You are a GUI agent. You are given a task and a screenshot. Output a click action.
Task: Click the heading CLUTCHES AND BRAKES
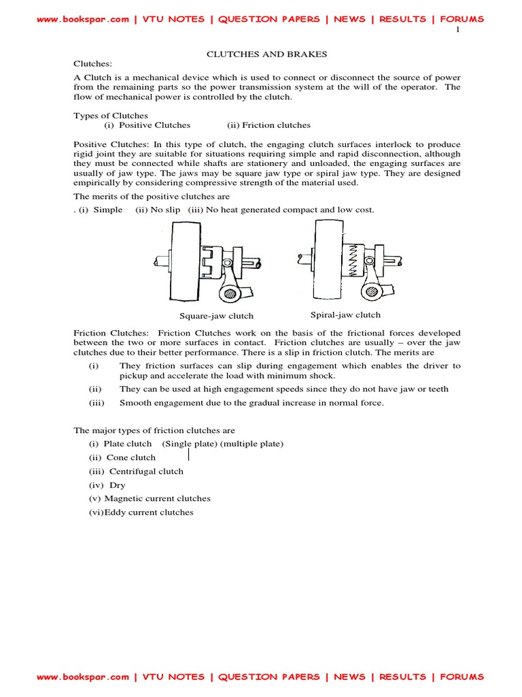click(261, 53)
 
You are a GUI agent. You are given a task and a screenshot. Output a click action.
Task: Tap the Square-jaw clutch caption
click(216, 316)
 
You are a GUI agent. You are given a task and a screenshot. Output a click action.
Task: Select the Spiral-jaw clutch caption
click(345, 314)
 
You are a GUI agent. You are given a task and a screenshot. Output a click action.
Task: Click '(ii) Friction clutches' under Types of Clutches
click(268, 125)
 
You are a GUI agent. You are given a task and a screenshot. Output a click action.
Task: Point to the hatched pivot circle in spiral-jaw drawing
click(371, 291)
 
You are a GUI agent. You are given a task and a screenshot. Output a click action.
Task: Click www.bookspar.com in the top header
click(82, 19)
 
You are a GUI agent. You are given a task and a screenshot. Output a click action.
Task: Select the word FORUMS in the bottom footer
click(462, 677)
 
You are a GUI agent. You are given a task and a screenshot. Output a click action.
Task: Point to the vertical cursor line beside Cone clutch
click(188, 455)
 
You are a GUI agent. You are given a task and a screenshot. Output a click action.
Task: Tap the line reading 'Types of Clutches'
click(110, 116)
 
